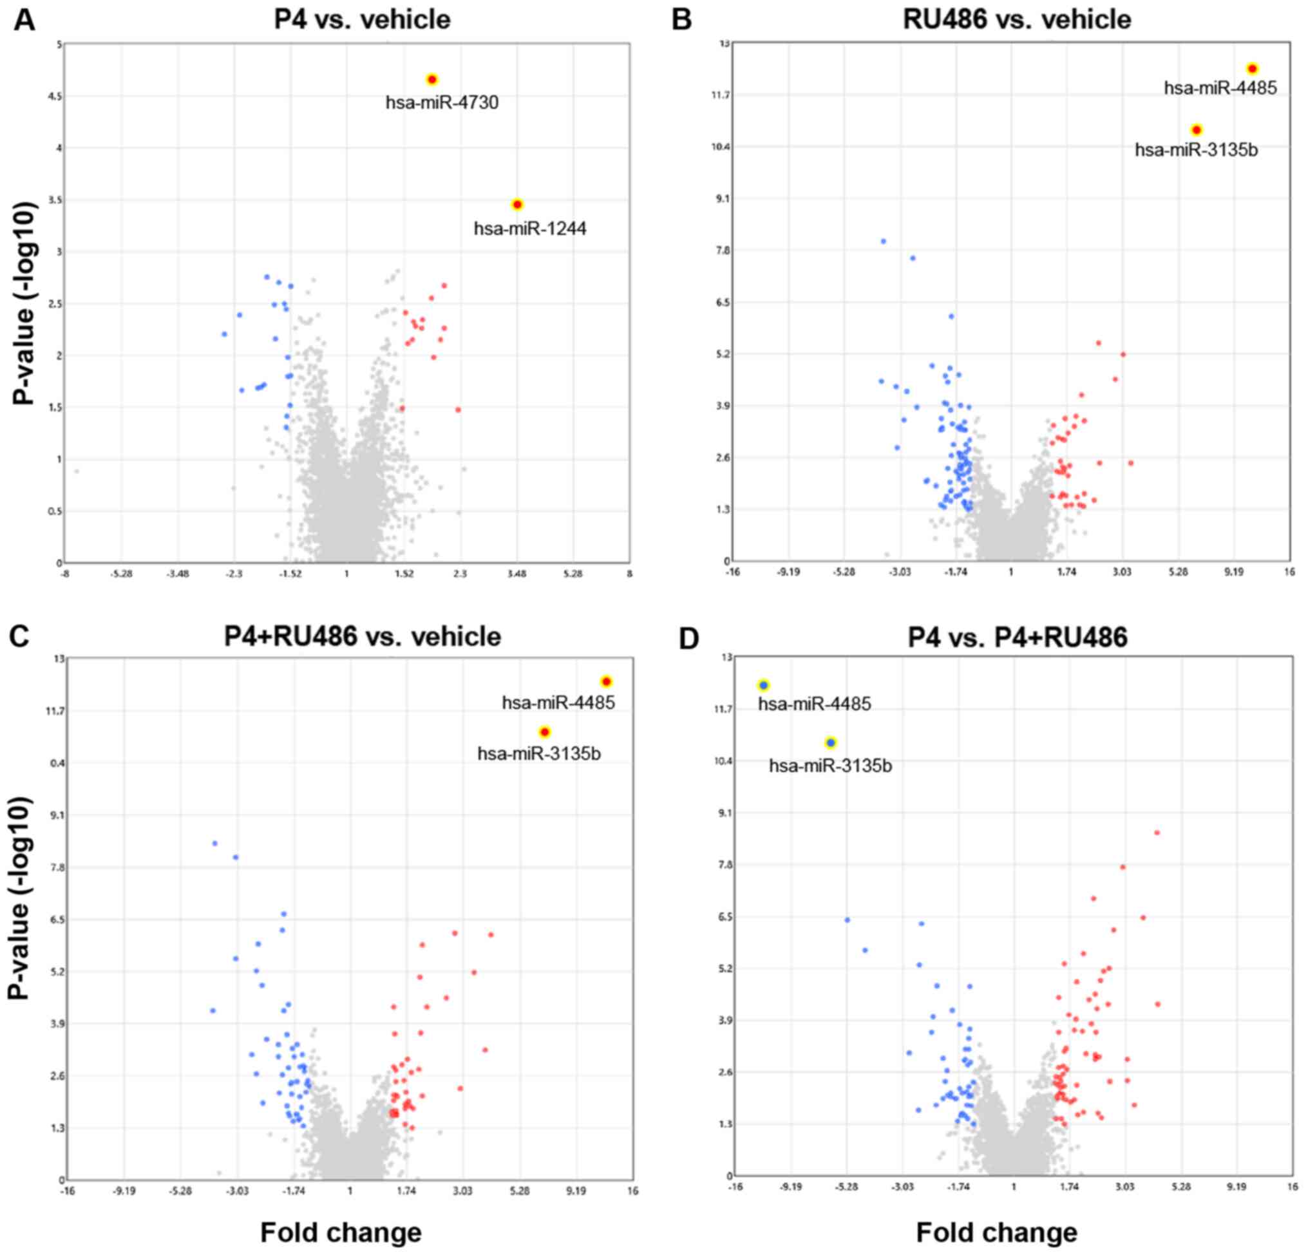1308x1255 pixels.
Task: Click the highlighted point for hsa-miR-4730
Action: tap(431, 79)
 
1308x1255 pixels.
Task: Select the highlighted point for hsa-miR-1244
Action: tap(517, 204)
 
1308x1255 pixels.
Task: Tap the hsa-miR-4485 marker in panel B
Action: tap(1253, 69)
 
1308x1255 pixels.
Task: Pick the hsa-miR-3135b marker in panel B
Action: tap(1197, 130)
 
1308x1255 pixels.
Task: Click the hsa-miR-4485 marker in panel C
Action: tap(607, 681)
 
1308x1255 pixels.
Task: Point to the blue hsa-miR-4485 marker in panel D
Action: tap(764, 685)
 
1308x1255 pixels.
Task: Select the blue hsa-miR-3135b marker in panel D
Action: tap(831, 742)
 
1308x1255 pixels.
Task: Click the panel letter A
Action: tap(24, 20)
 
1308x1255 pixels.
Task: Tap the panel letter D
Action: tap(688, 639)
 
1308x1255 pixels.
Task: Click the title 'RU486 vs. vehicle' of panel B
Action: tap(1017, 19)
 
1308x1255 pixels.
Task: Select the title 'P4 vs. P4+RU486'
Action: tap(1018, 638)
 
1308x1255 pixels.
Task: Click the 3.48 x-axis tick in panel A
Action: tap(517, 574)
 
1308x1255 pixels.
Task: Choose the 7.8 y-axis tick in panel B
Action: tap(721, 250)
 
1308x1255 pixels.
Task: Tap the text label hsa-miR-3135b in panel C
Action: tap(539, 754)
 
